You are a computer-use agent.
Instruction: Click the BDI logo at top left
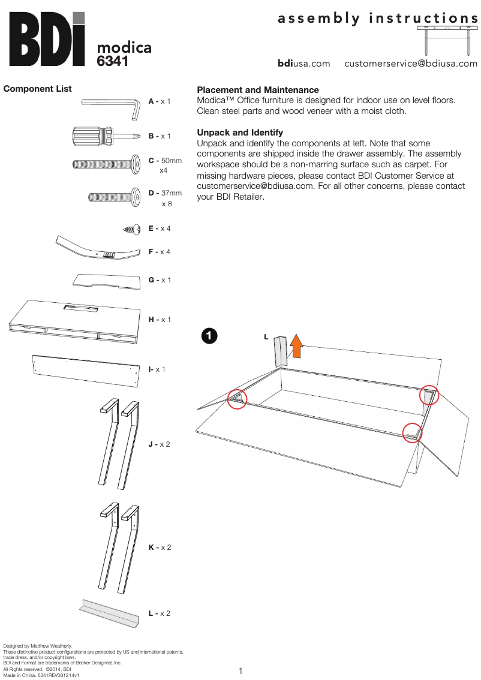tap(46, 40)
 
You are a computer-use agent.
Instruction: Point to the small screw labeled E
tap(131, 228)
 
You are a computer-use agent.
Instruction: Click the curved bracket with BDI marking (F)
tap(98, 250)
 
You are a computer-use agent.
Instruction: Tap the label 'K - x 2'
tap(160, 547)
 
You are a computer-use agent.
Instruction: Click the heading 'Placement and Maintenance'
tap(258, 90)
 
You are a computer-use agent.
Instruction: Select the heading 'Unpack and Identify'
tap(240, 132)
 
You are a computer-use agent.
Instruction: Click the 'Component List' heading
tap(37, 89)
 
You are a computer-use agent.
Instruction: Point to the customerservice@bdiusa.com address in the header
tap(411, 64)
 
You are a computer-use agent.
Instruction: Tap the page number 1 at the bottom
tap(240, 670)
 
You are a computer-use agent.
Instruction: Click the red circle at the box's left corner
tap(238, 398)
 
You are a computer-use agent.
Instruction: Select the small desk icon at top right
tap(447, 40)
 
